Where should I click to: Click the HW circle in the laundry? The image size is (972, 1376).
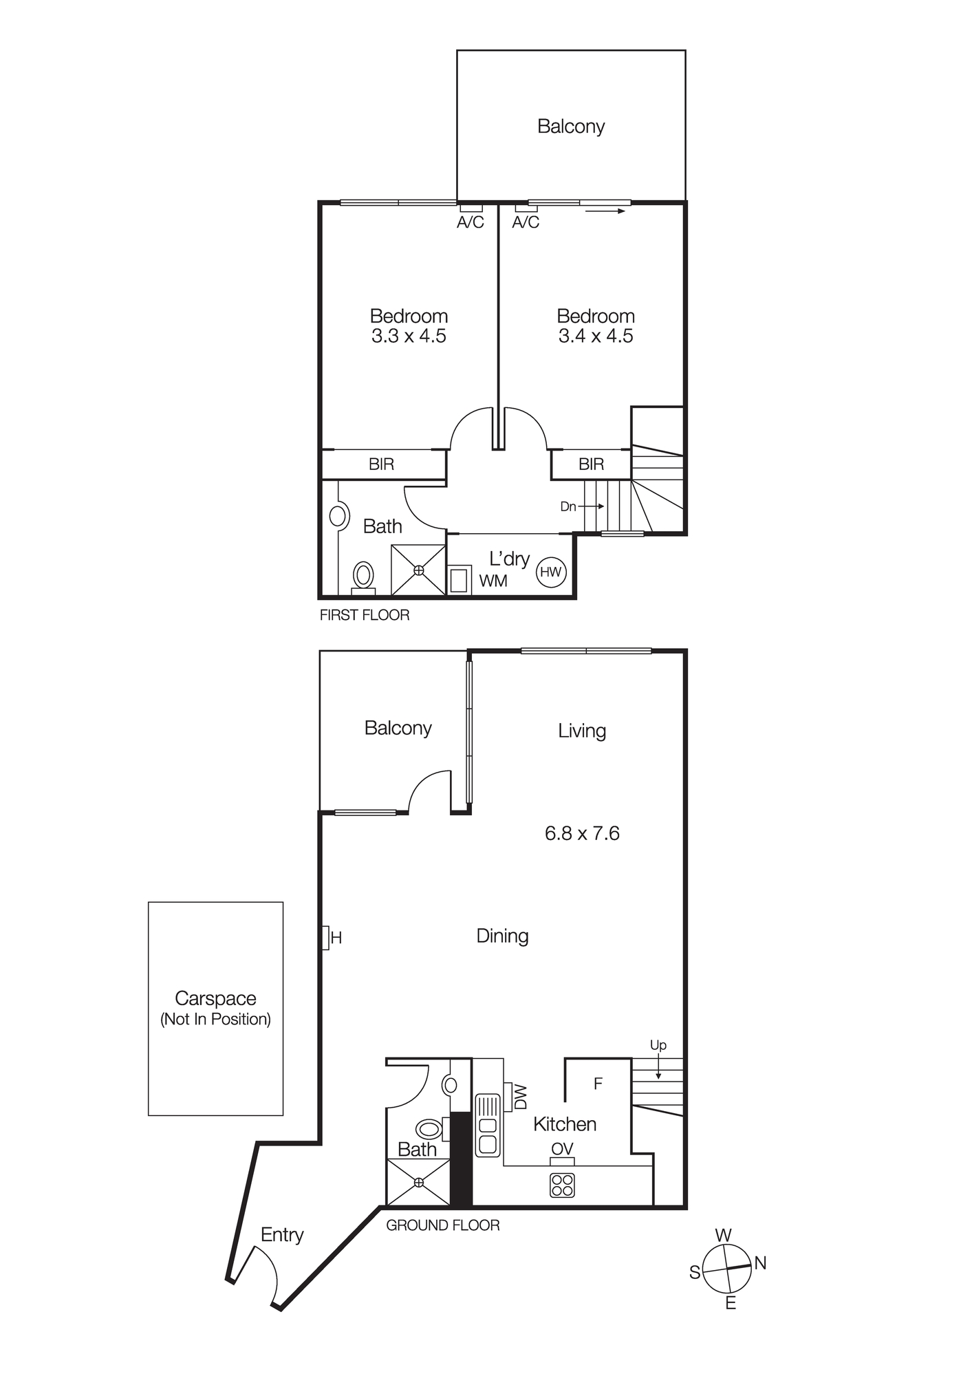tap(550, 572)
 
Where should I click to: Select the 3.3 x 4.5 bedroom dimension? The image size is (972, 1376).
tap(409, 336)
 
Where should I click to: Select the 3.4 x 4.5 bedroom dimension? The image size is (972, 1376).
tap(596, 336)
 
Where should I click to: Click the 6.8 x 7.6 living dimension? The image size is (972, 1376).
tap(582, 833)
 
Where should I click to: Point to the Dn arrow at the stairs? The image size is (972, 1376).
tap(590, 506)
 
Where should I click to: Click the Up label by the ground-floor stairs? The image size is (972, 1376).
tap(658, 1045)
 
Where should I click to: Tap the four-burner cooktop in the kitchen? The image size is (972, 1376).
tap(562, 1185)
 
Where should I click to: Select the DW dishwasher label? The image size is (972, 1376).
tap(521, 1097)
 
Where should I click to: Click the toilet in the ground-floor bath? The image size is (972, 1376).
tap(429, 1129)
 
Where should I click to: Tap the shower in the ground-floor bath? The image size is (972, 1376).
tap(419, 1182)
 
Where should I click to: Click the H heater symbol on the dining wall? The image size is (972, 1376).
tap(326, 937)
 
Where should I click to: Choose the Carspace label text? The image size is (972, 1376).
tap(215, 998)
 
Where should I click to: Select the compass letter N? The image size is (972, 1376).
tap(760, 1263)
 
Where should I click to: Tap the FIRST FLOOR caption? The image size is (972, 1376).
tap(365, 615)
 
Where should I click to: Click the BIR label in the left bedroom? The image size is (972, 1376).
tap(381, 464)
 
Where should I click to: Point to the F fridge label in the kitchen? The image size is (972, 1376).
tap(598, 1084)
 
